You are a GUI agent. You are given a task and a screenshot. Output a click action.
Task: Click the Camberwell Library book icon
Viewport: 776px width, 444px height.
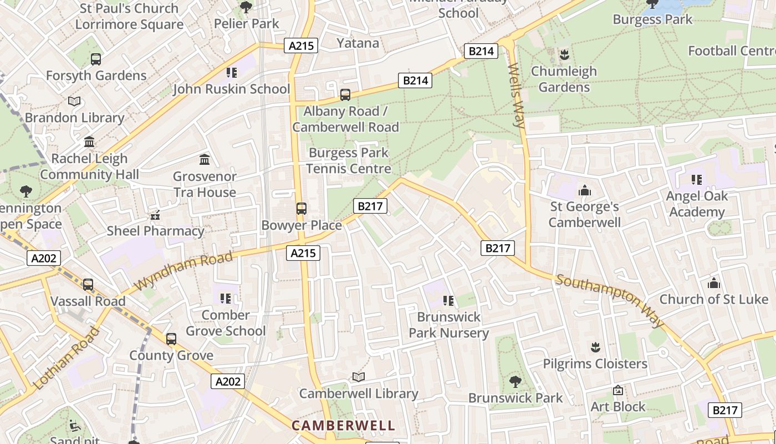tap(359, 377)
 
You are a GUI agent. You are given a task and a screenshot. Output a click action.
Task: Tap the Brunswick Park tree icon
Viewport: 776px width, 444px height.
tap(515, 381)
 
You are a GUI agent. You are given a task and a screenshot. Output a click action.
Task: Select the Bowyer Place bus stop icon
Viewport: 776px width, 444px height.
tap(301, 209)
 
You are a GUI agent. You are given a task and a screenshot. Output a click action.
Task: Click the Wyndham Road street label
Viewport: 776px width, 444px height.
tap(183, 271)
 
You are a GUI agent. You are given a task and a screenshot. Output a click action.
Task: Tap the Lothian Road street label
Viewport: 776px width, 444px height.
tap(66, 358)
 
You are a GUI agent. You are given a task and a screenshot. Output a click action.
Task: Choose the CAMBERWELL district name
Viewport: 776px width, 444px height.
tap(343, 426)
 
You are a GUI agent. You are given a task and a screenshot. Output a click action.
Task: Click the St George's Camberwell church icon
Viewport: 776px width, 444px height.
tap(584, 190)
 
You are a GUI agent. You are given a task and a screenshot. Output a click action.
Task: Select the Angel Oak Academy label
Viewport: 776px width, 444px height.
tap(697, 204)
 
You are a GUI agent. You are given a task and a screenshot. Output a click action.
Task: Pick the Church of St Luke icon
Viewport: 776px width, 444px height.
tap(714, 284)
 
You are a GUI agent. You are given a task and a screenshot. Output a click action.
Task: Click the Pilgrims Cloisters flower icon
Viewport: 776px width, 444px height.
tap(595, 347)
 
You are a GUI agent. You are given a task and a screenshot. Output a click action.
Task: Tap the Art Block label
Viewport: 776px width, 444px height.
tap(618, 407)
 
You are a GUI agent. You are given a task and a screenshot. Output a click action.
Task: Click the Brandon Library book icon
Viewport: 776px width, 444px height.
tap(74, 101)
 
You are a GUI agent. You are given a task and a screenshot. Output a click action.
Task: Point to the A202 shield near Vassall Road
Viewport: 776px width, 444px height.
tap(43, 258)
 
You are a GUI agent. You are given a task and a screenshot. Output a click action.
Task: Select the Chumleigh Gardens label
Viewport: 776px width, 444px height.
tap(564, 79)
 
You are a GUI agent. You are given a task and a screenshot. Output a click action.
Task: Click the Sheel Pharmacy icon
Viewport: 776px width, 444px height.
tap(155, 215)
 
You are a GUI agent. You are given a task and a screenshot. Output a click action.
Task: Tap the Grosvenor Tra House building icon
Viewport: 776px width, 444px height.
tap(205, 160)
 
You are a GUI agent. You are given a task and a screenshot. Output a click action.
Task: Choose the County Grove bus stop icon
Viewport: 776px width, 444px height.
tap(171, 339)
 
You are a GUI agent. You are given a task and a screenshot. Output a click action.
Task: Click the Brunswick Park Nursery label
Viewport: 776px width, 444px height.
tap(448, 325)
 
